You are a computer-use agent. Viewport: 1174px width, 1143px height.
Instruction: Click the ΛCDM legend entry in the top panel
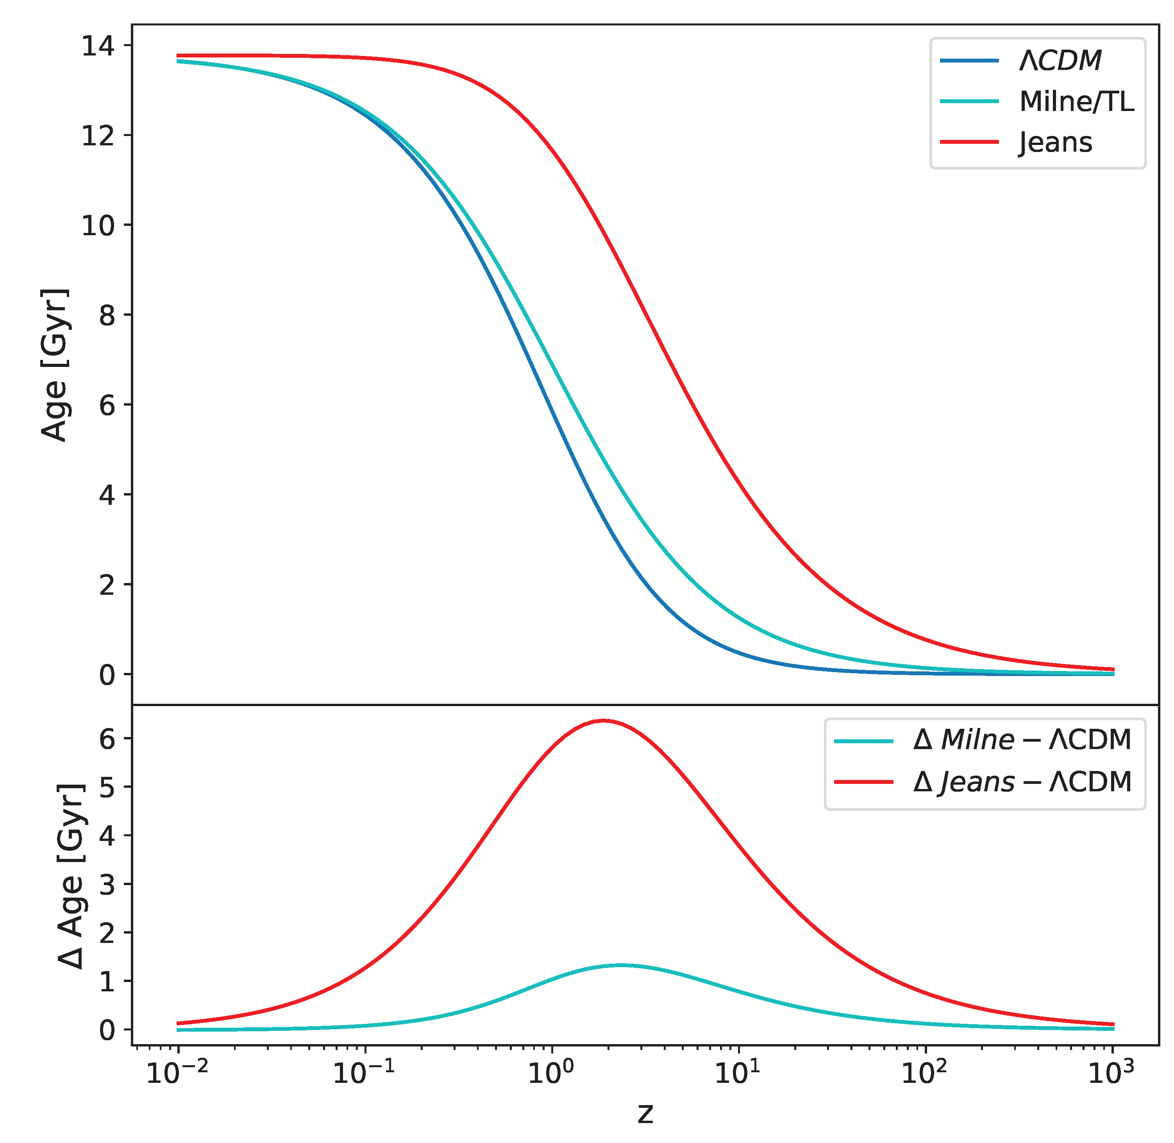coord(1060,61)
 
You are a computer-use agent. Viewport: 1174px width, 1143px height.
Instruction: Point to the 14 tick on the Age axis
coord(98,46)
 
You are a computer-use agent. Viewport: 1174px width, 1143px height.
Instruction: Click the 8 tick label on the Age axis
coord(107,315)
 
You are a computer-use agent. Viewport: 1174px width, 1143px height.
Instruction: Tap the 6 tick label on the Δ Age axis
coord(107,739)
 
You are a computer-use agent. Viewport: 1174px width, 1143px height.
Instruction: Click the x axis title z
coord(645,1114)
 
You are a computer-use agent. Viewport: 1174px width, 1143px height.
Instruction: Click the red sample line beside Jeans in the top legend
coord(969,142)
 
